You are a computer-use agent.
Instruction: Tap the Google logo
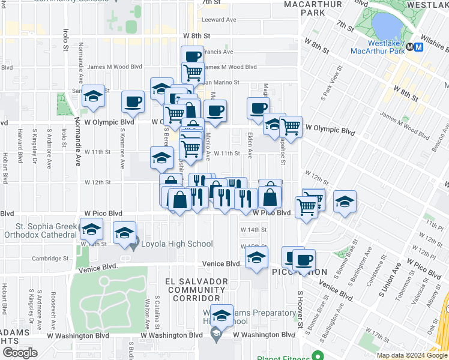(x=19, y=353)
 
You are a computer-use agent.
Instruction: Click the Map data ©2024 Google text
(x=411, y=355)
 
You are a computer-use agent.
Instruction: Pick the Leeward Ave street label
(x=219, y=20)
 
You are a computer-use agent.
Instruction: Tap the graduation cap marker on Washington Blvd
(x=221, y=316)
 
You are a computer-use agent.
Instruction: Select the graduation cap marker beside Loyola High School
(x=124, y=232)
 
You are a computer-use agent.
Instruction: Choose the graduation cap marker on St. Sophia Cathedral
(x=91, y=229)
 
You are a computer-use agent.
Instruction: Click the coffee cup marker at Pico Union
(x=303, y=260)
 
